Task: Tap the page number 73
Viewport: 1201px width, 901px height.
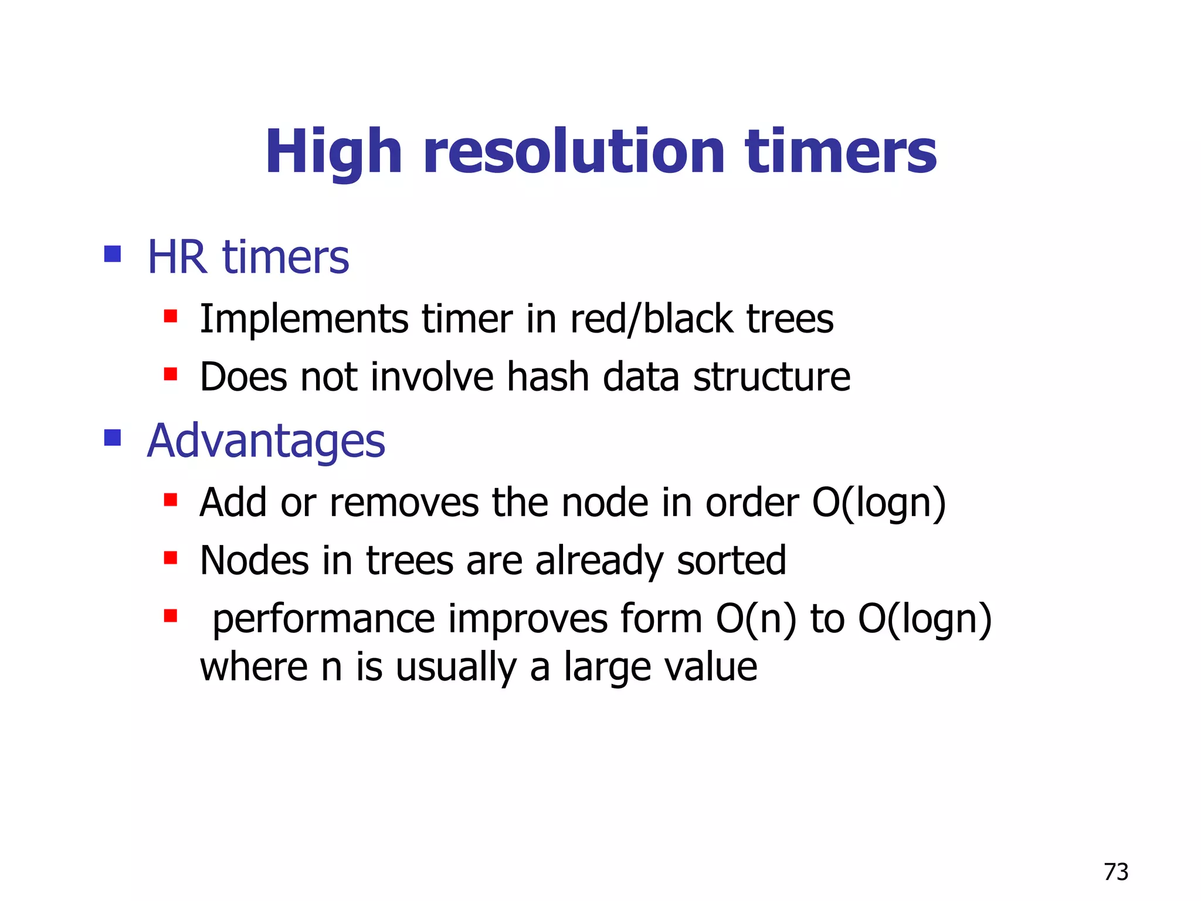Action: (x=1115, y=872)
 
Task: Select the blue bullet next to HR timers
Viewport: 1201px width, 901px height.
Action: (x=112, y=254)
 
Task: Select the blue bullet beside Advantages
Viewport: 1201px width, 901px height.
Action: (x=112, y=438)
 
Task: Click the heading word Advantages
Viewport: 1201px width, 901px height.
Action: (x=266, y=441)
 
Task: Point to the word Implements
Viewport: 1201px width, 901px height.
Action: (x=304, y=320)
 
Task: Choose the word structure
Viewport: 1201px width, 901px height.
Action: (x=771, y=377)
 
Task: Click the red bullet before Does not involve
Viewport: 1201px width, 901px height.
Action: (x=171, y=374)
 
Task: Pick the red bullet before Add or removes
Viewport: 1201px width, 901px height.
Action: (x=171, y=500)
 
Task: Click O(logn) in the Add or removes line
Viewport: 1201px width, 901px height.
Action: (x=878, y=503)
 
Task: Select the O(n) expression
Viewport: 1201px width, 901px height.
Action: (x=756, y=619)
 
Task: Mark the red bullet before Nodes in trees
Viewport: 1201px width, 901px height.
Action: (x=171, y=557)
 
